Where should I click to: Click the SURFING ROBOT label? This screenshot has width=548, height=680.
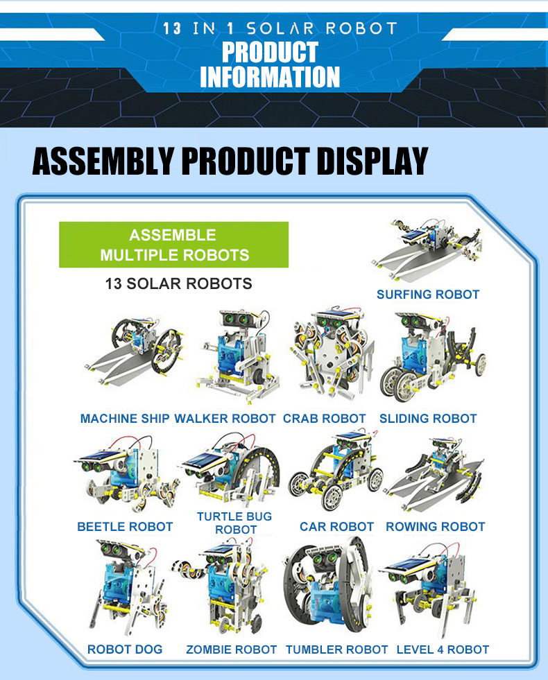tap(428, 295)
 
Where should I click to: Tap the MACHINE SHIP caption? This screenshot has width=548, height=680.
tap(125, 419)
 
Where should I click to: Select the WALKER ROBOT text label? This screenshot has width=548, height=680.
tap(225, 419)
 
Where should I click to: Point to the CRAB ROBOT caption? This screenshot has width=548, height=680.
tap(325, 419)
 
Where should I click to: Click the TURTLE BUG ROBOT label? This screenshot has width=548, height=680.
tap(234, 523)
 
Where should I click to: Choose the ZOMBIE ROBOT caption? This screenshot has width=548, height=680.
tap(231, 650)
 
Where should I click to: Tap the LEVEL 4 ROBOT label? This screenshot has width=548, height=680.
tap(443, 650)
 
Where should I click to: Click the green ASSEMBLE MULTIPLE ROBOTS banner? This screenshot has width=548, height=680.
tap(173, 245)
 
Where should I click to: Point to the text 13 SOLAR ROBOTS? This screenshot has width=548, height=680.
tap(178, 284)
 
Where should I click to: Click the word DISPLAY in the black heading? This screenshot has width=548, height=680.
tap(373, 161)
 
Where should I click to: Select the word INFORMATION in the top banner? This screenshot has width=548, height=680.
tap(269, 77)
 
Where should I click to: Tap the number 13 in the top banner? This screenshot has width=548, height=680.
tap(172, 28)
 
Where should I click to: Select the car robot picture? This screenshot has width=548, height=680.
tap(336, 471)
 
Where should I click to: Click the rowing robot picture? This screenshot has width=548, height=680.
tap(434, 473)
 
